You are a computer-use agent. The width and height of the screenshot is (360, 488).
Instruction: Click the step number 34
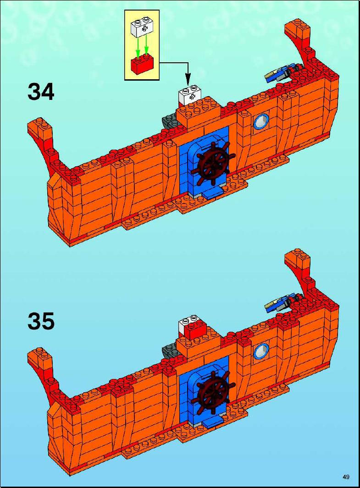coord(41,92)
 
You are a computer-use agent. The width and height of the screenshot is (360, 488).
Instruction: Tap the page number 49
coord(346,477)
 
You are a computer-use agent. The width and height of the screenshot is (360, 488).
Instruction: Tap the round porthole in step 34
coord(261,122)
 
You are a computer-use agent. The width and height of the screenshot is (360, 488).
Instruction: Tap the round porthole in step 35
coord(261,351)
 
